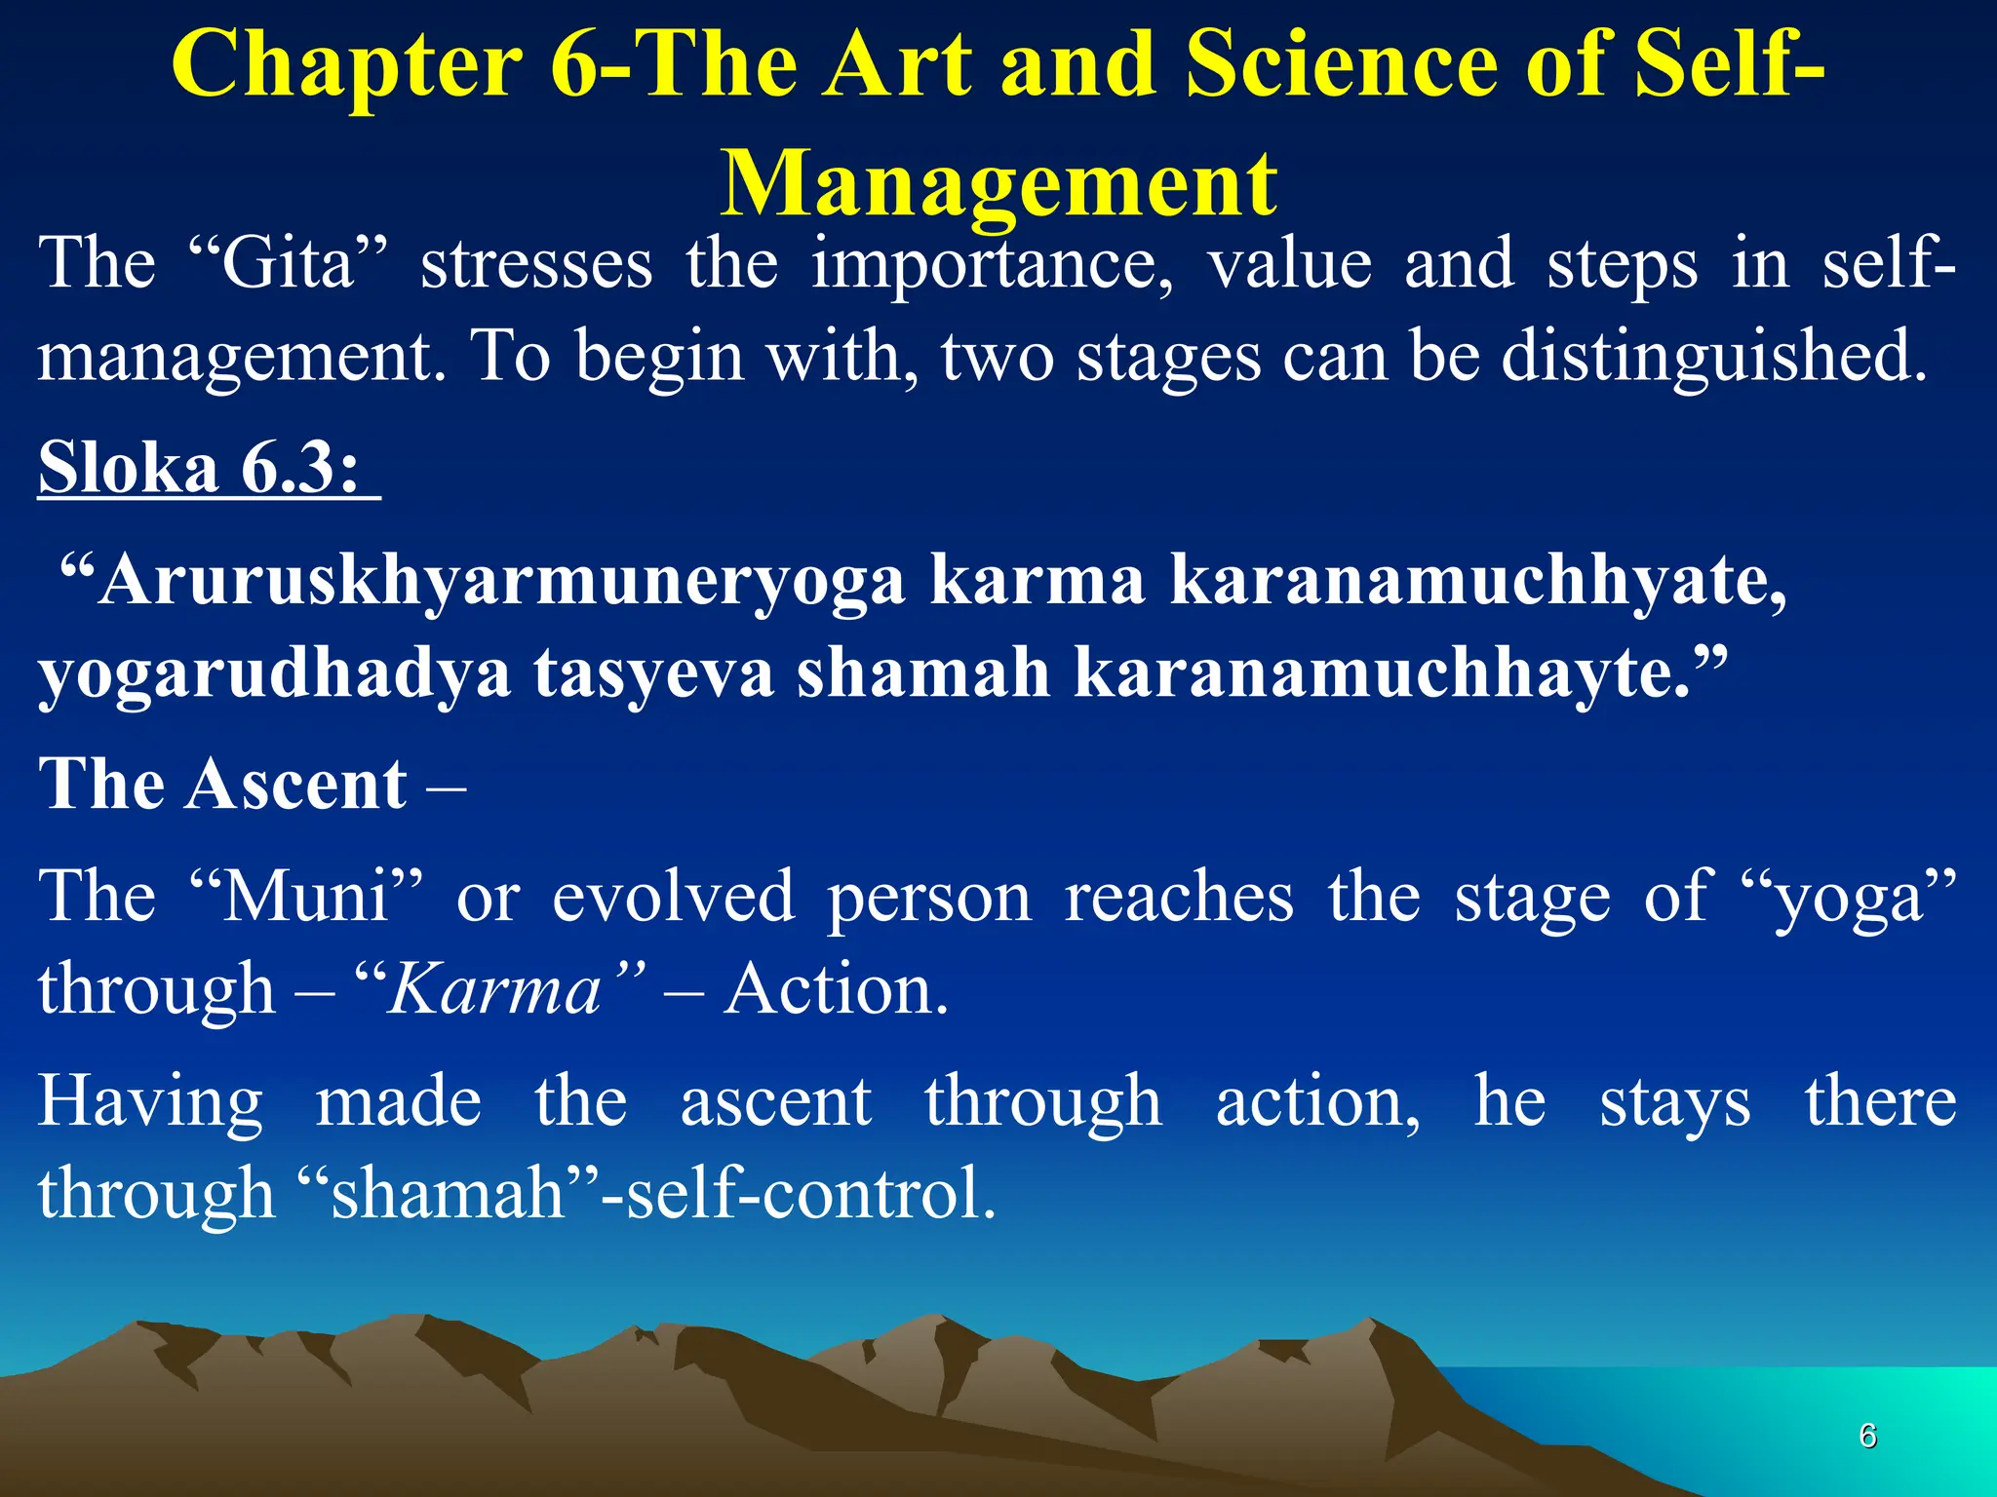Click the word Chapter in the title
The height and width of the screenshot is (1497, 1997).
(347, 66)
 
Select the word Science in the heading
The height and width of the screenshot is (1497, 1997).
(1341, 66)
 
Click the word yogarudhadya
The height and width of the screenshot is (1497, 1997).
(274, 674)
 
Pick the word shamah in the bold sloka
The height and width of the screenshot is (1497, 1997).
(922, 674)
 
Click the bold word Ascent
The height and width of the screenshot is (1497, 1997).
(296, 785)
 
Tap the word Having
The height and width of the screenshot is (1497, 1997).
(150, 1102)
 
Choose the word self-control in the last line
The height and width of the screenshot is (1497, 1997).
(810, 1194)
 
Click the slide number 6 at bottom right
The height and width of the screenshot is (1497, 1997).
(1867, 1436)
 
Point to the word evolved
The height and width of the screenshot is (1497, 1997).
(674, 897)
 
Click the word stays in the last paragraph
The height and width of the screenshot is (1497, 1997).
(1674, 1102)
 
